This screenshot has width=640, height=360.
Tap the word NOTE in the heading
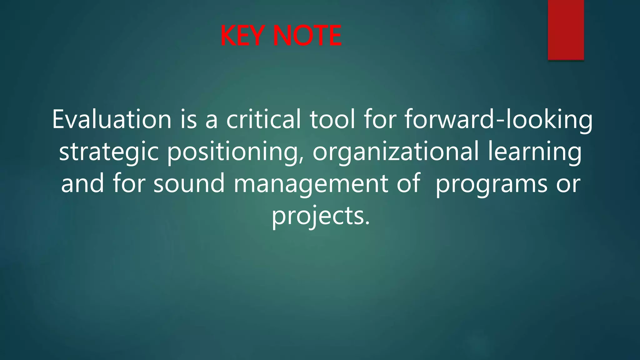click(307, 36)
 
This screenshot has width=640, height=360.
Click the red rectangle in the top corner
click(566, 30)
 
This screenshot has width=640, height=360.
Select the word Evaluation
click(112, 119)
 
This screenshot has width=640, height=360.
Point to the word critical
click(263, 119)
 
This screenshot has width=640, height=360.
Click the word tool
click(332, 119)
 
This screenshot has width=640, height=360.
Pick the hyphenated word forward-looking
click(498, 119)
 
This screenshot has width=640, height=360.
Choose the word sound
click(189, 183)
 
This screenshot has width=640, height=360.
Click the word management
click(311, 183)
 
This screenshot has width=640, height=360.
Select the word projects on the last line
click(317, 216)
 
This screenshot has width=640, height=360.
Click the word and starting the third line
click(82, 183)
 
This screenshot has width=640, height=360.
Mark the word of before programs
click(408, 183)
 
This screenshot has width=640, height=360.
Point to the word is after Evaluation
click(188, 119)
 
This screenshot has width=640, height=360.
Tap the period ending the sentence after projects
click(367, 222)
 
